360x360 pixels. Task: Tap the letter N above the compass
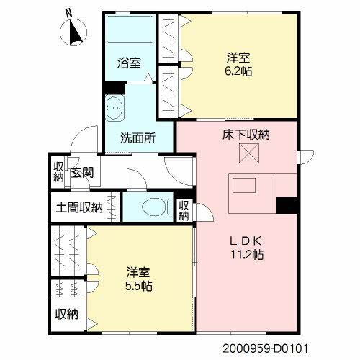pyautogui.click(x=68, y=12)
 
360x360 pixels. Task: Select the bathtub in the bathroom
pyautogui.click(x=129, y=32)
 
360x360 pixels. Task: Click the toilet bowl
pyautogui.click(x=154, y=207)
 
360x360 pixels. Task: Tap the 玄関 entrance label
pyautogui.click(x=81, y=172)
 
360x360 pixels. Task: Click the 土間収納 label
pyautogui.click(x=78, y=207)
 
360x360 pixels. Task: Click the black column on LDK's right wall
pyautogui.click(x=287, y=204)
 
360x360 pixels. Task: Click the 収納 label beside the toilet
pyautogui.click(x=185, y=210)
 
